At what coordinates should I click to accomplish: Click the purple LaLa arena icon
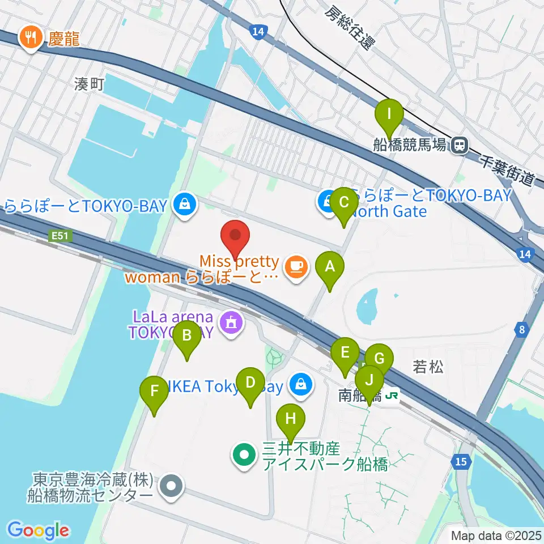(231, 323)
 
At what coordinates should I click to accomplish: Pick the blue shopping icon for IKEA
(300, 385)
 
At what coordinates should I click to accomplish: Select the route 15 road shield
(462, 462)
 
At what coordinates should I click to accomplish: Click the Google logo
(38, 530)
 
